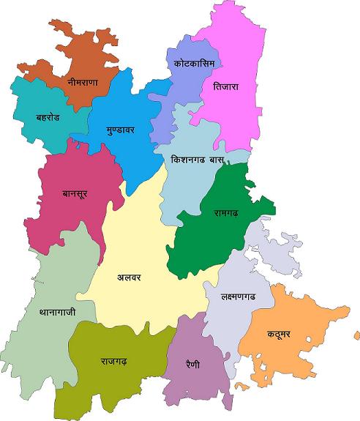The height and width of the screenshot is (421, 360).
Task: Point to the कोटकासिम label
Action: (194, 64)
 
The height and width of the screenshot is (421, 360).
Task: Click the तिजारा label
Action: (227, 86)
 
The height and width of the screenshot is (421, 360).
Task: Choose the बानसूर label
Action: (76, 195)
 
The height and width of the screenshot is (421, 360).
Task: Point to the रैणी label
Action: (193, 364)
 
